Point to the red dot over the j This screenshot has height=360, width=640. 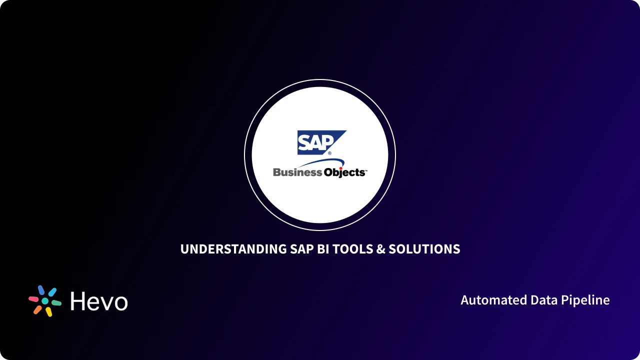341,168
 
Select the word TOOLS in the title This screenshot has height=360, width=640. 352,249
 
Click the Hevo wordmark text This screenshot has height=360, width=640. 99,301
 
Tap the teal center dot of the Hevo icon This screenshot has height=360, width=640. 45,301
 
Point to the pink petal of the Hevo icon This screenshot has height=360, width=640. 33,298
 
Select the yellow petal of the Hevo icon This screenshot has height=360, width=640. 49,311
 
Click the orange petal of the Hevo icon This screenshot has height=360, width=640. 37,309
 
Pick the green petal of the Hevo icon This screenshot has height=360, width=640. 56,303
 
